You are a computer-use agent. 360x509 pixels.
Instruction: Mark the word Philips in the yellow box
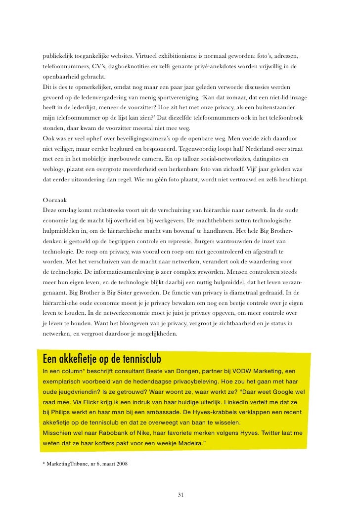61,411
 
